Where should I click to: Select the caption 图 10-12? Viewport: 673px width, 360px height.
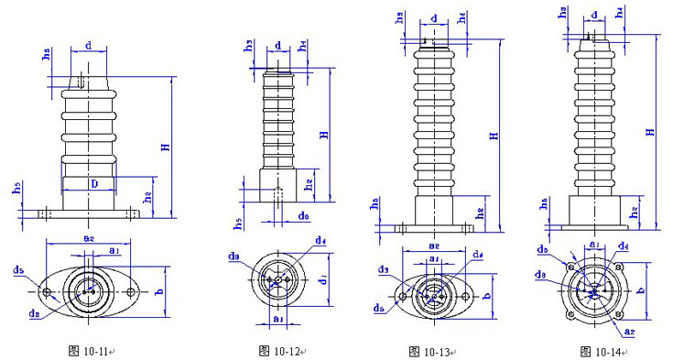pos(279,350)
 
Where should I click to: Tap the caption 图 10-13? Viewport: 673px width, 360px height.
pos(430,350)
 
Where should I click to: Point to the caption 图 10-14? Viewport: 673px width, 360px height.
pos(601,350)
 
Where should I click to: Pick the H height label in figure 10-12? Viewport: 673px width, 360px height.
pos(323,135)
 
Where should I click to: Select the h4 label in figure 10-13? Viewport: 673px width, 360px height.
pos(463,16)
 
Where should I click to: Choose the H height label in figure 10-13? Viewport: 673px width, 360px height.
pos(494,136)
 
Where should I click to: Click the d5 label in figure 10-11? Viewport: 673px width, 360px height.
pos(19,271)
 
